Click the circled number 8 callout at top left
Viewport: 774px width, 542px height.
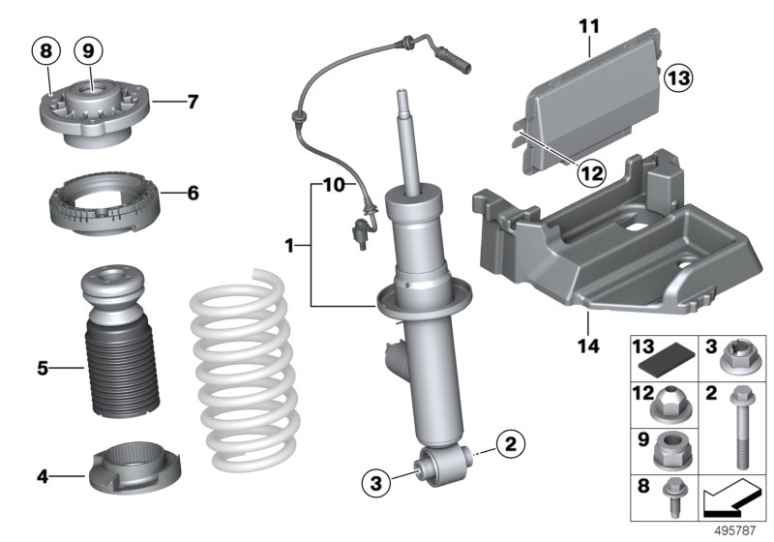[45, 48]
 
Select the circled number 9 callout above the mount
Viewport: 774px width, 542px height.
[88, 48]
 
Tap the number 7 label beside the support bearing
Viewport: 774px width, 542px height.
[193, 101]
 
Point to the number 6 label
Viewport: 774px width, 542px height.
[193, 194]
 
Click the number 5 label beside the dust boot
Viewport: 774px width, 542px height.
[43, 368]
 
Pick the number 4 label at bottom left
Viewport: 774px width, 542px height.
[43, 475]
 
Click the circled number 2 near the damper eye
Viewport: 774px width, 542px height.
[510, 445]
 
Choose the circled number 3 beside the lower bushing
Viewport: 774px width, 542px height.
[378, 480]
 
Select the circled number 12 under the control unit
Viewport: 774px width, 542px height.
[591, 173]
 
